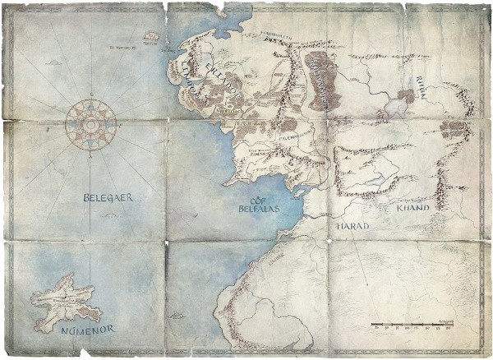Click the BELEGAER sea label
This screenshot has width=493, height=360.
[107, 198]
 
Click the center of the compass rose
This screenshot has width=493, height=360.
[90, 125]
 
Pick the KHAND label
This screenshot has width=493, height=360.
[413, 209]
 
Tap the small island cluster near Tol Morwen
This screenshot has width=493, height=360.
[151, 36]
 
